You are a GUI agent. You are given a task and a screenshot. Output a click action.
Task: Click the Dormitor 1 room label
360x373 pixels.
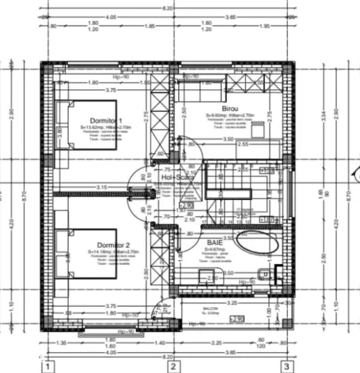pos(106,121)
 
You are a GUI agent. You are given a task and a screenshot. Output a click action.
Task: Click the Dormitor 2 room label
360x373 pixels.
pos(113,245)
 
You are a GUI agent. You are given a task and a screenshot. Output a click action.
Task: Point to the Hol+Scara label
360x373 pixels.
pos(178,178)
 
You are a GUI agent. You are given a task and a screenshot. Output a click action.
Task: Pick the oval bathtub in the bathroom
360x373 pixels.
pos(258,243)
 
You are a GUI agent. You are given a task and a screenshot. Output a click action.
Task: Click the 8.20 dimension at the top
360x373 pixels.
pos(173,8)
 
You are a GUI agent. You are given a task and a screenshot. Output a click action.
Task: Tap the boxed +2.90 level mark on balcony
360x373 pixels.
pos(237,319)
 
